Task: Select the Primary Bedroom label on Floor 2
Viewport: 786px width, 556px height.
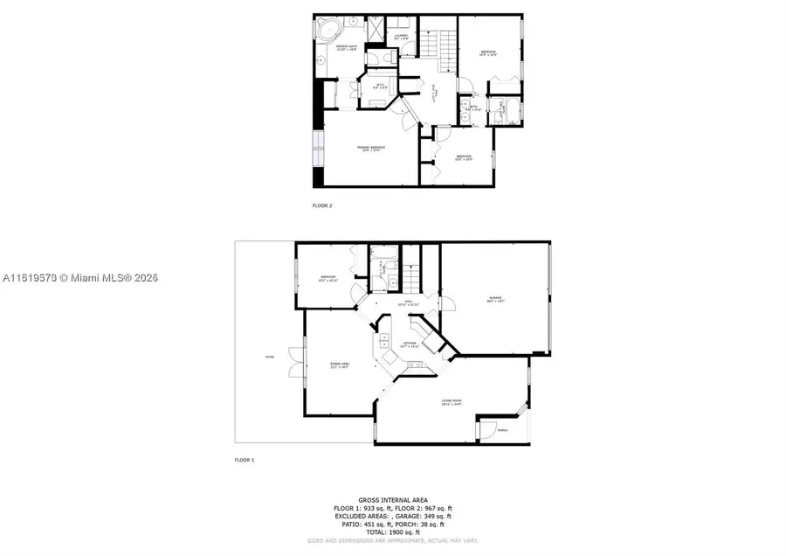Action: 372,148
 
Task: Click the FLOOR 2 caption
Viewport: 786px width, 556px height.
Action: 322,205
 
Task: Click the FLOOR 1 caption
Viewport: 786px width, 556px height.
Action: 244,459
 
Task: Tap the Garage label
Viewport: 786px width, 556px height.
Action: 496,299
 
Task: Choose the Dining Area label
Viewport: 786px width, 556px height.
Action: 340,366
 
